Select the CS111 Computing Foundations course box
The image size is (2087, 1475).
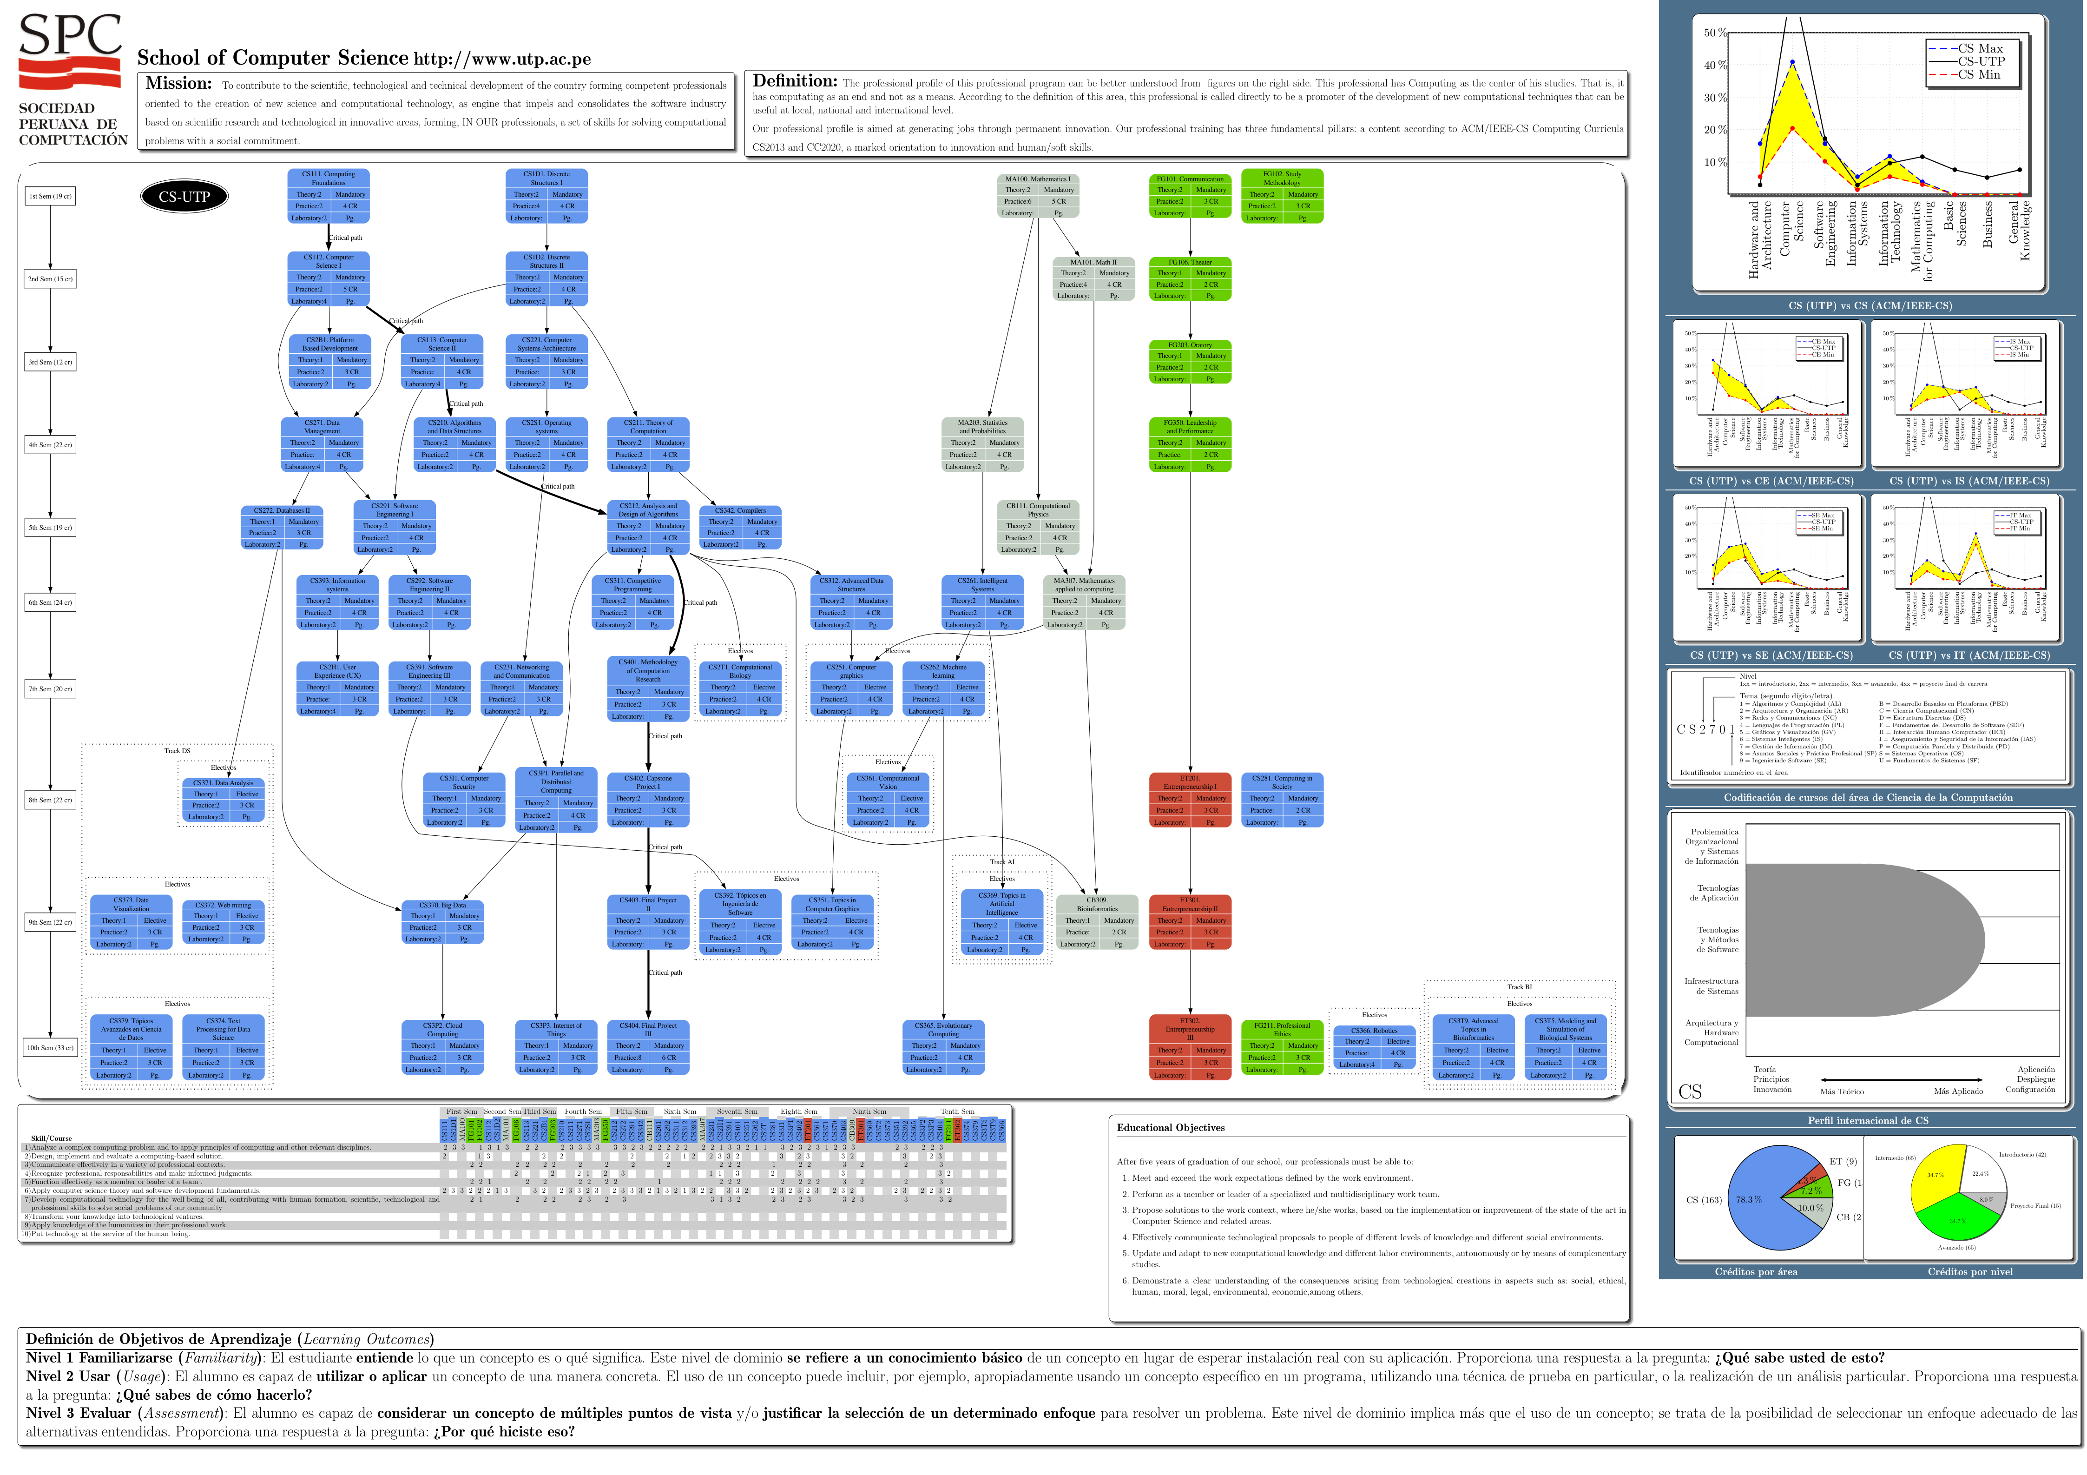tap(328, 196)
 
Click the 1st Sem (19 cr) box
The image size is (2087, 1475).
tap(50, 197)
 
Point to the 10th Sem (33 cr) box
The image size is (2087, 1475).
tap(50, 1048)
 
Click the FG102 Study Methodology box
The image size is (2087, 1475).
tap(1282, 196)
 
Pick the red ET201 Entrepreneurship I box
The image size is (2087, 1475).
tap(1190, 800)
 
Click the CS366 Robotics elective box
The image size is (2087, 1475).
tap(1374, 1048)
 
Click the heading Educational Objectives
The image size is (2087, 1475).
tap(1171, 1128)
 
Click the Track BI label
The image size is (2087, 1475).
tap(1519, 987)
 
